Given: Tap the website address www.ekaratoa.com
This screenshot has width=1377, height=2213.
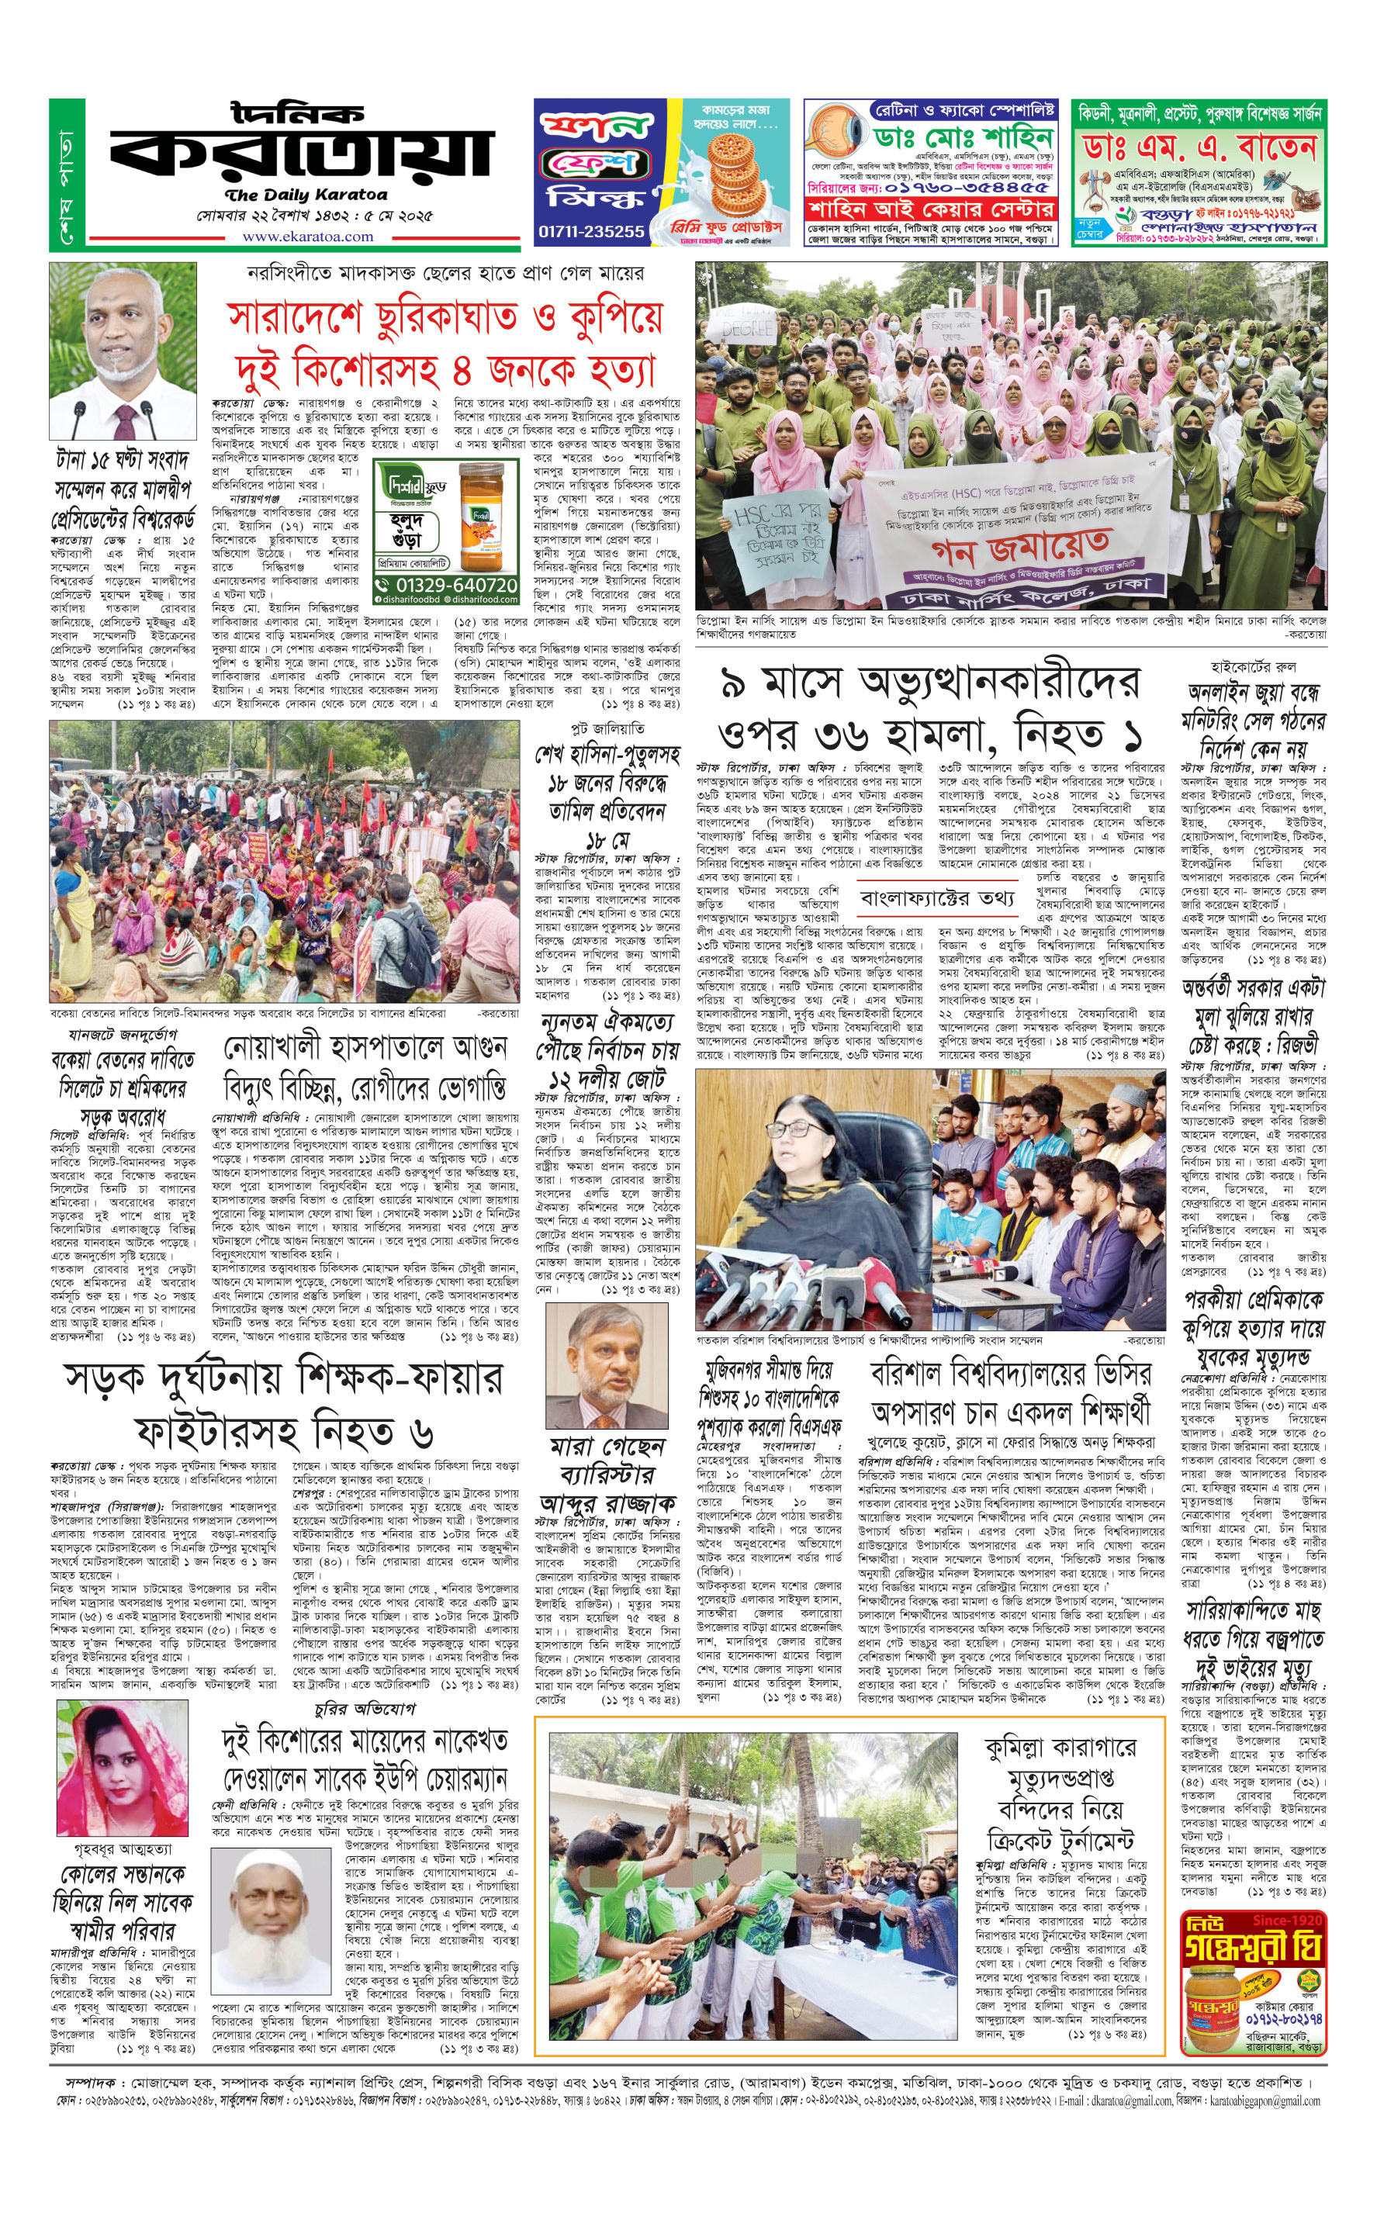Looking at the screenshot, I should [307, 237].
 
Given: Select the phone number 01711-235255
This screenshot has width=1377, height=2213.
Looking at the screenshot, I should [591, 231].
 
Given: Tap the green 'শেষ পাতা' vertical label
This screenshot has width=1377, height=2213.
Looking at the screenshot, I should [67, 175].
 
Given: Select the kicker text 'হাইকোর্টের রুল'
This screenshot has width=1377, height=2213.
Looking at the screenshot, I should [1253, 667].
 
